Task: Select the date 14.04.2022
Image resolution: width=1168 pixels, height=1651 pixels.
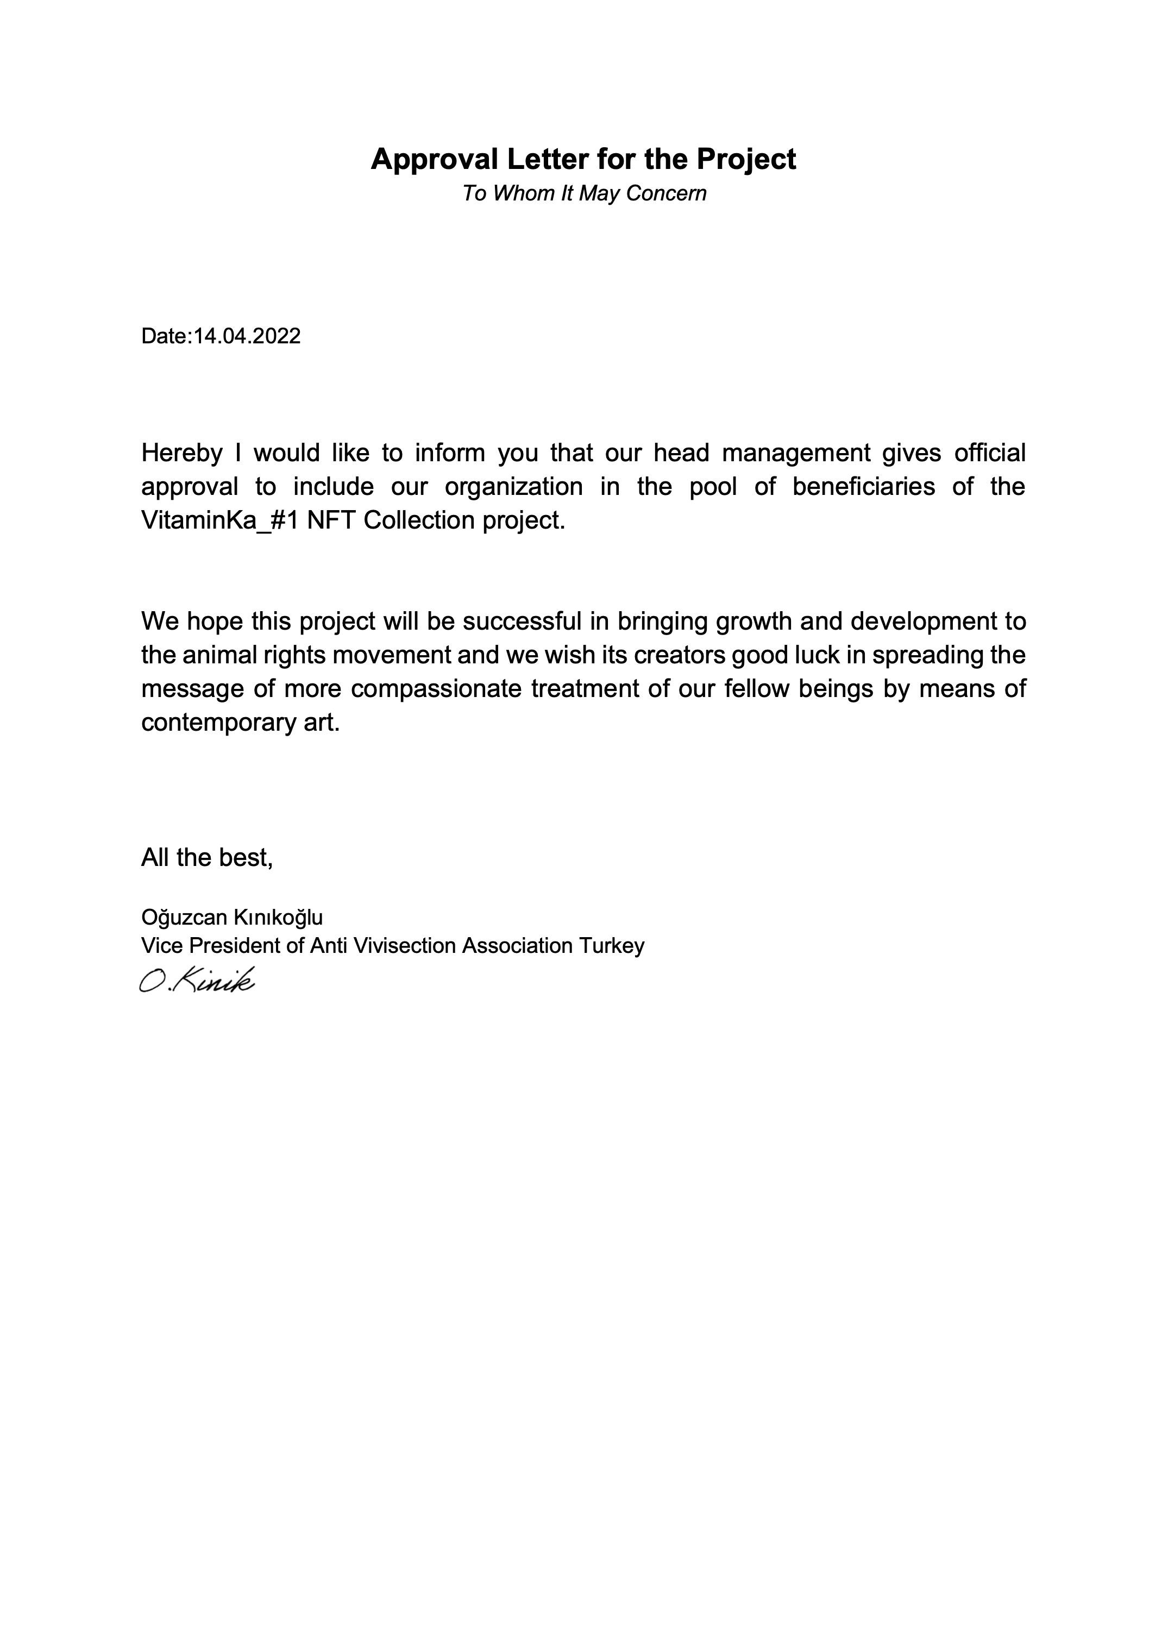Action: [247, 336]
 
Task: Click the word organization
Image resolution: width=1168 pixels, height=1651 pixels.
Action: [513, 487]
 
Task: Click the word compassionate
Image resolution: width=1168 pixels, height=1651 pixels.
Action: [435, 689]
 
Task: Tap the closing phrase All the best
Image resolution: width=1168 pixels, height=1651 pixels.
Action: [206, 857]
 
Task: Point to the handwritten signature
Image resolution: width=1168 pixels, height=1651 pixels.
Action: [197, 980]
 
